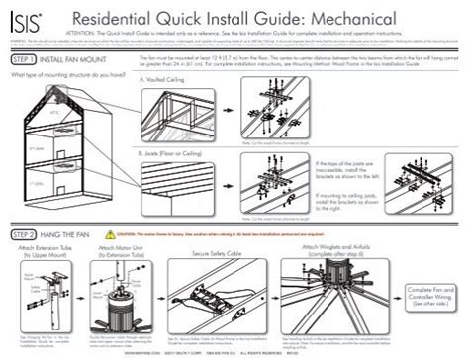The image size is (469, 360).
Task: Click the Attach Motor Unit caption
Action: (124, 253)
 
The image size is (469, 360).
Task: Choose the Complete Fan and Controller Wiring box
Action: (429, 296)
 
